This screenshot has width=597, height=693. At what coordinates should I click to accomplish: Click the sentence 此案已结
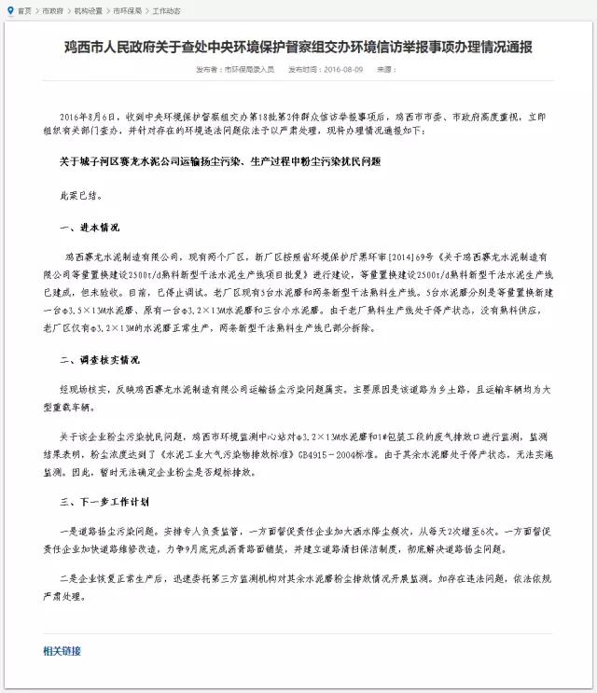[x=76, y=194]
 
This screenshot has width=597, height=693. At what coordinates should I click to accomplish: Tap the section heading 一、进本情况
[x=90, y=226]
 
